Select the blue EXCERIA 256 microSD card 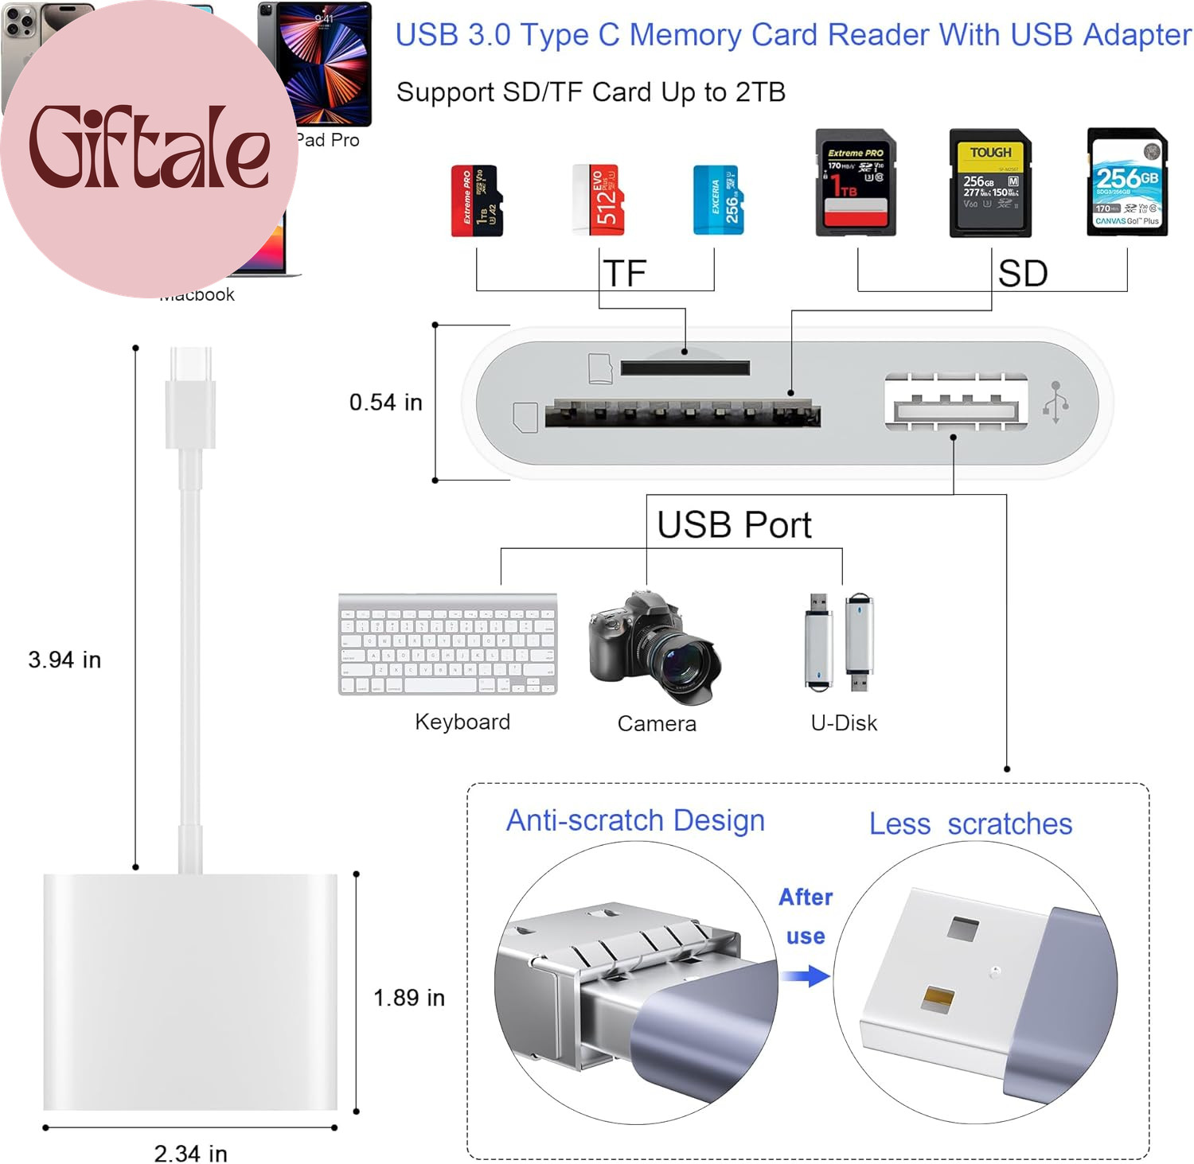[719, 200]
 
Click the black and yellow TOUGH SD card [990, 184]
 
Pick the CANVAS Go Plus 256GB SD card [1127, 182]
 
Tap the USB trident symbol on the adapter [1055, 403]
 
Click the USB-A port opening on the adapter [955, 411]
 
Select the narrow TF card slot [685, 368]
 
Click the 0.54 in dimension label [386, 403]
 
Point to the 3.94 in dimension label [64, 660]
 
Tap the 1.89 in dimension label [409, 998]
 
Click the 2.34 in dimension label [191, 1153]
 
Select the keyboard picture [447, 644]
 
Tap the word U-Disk [844, 722]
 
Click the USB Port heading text [734, 525]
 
